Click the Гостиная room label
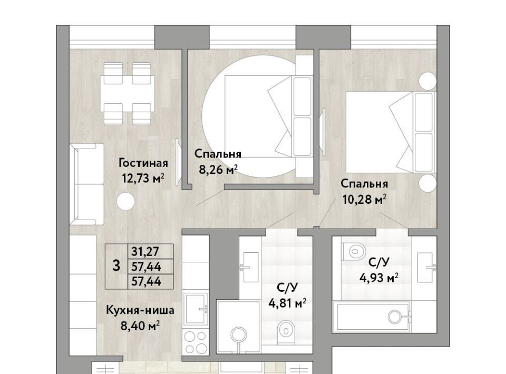pyautogui.click(x=143, y=163)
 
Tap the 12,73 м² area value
pyautogui.click(x=143, y=178)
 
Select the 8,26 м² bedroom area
pyautogui.click(x=218, y=169)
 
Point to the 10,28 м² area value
pyautogui.click(x=364, y=200)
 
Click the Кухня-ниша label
pyautogui.click(x=140, y=310)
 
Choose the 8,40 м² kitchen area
pyautogui.click(x=140, y=326)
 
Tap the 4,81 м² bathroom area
pyautogui.click(x=288, y=303)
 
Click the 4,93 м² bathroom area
pyautogui.click(x=379, y=277)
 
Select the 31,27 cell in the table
pyautogui.click(x=146, y=251)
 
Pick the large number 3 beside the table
pyautogui.click(x=116, y=267)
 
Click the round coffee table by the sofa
pyautogui.click(x=125, y=202)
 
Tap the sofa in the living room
pyautogui.click(x=87, y=184)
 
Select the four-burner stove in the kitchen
pyautogui.click(x=195, y=342)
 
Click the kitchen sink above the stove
pyautogui.click(x=195, y=309)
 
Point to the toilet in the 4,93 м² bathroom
pyautogui.click(x=354, y=250)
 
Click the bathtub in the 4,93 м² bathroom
pyautogui.click(x=372, y=317)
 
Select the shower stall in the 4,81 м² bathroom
pyautogui.click(x=239, y=327)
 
